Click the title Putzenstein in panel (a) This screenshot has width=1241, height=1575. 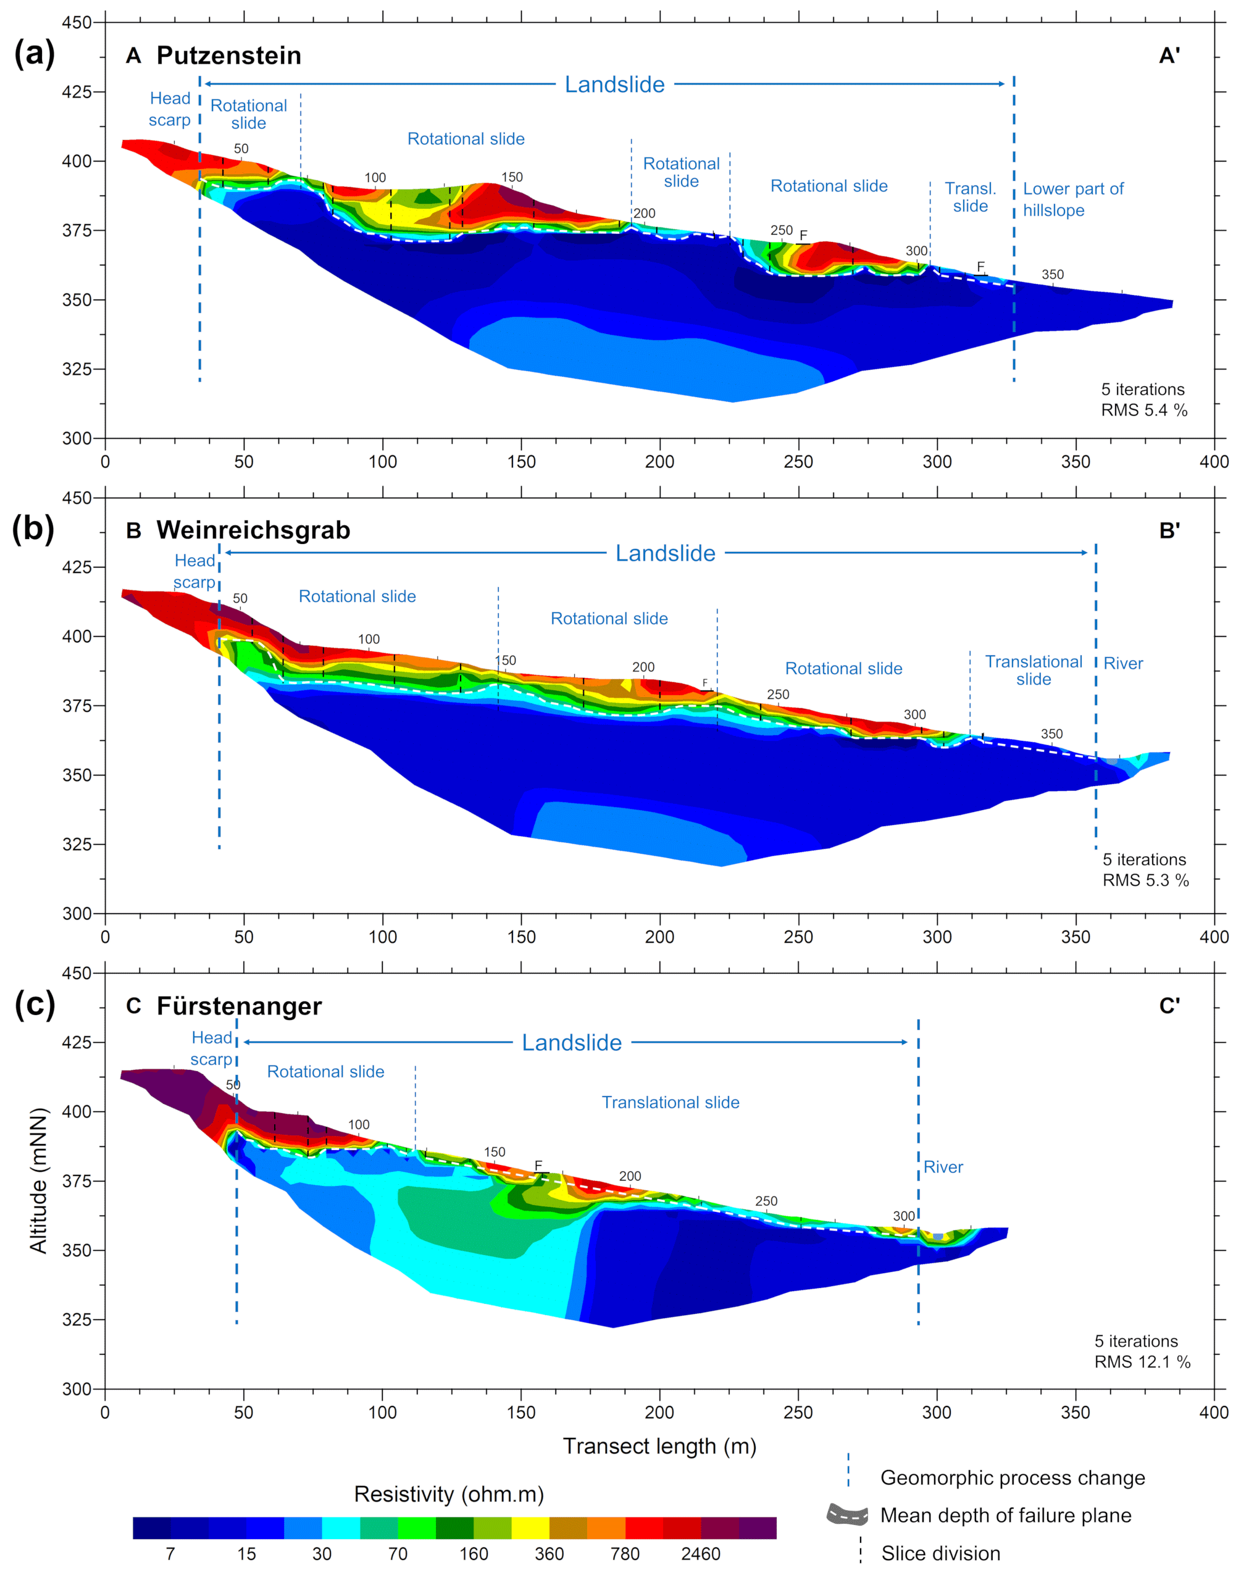(x=228, y=56)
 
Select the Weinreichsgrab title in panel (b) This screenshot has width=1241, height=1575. (x=253, y=530)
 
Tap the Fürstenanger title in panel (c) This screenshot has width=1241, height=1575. (x=239, y=1006)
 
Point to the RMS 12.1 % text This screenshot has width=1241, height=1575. (x=1142, y=1362)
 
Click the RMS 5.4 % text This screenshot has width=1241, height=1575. (x=1143, y=411)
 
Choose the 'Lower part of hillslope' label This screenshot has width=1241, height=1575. (x=1073, y=199)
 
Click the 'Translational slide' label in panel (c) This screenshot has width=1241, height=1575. (x=670, y=1102)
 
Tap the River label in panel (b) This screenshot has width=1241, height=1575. (x=1122, y=663)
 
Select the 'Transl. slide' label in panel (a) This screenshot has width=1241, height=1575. (x=970, y=198)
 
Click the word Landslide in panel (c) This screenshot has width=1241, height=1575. (x=572, y=1043)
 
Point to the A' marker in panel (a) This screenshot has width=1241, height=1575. (x=1169, y=56)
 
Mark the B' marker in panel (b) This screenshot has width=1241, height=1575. (x=1169, y=531)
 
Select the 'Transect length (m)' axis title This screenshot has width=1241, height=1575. (x=659, y=1447)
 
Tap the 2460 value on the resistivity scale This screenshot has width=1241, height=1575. (x=700, y=1554)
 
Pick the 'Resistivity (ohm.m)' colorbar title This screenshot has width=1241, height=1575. (x=448, y=1494)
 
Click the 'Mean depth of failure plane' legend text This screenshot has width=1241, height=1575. (x=1006, y=1516)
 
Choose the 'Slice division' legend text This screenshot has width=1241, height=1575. (x=940, y=1553)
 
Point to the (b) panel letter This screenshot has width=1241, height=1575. (x=33, y=529)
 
